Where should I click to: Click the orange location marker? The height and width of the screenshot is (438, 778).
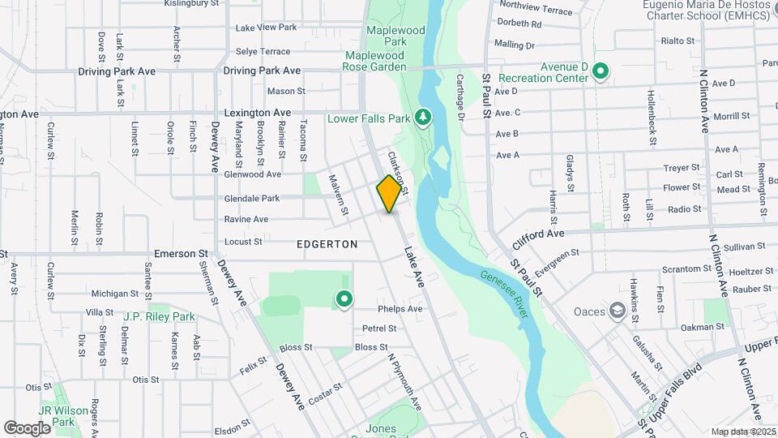[x=389, y=193]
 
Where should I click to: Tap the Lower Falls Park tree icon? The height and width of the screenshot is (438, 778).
[x=422, y=118]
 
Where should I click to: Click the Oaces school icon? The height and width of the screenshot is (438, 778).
[x=618, y=311]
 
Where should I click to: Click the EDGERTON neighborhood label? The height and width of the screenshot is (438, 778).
[x=327, y=243]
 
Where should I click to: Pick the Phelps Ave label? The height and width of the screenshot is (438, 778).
[x=400, y=309]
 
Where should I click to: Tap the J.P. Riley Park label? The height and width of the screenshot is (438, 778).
[x=159, y=316]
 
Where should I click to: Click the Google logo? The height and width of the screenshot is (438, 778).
[x=26, y=427]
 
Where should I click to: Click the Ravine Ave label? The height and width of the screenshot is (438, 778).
[x=246, y=219]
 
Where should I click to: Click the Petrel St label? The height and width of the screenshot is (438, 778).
[x=379, y=328]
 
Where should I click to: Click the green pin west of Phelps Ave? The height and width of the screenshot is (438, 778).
[x=344, y=299]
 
